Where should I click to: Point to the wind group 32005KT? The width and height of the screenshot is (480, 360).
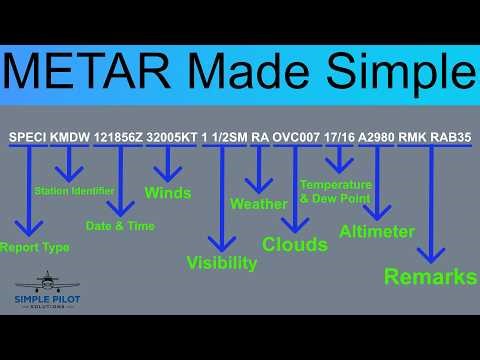171,137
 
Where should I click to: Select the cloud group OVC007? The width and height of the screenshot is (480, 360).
297,137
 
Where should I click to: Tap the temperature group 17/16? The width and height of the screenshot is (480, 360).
339,137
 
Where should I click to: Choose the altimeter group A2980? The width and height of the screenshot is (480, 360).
376,137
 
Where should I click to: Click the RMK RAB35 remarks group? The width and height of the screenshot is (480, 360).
433,137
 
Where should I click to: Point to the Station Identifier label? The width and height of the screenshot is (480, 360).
74,190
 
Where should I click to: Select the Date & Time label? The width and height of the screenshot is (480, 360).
121,226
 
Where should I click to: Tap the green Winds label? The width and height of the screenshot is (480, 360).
168,191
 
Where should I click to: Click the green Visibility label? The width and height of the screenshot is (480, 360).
222,263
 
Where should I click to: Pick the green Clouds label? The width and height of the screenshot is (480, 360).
295,243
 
